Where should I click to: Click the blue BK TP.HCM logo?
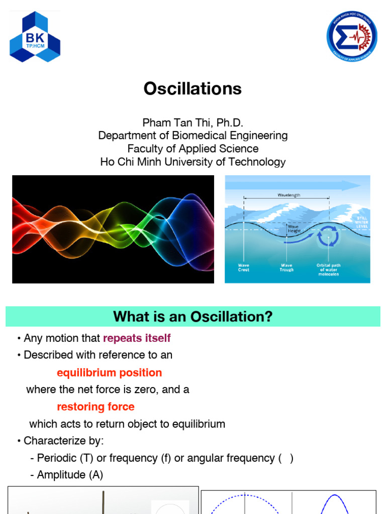tap(35, 37)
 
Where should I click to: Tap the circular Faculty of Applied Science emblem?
tap(351, 36)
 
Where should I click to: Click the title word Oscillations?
tap(192, 89)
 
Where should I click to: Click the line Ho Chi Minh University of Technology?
tap(192, 162)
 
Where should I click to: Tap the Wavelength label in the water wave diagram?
tap(288, 195)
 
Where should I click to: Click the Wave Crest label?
tap(243, 268)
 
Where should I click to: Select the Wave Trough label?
tap(286, 268)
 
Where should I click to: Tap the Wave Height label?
tap(294, 228)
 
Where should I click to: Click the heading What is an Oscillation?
tap(192, 317)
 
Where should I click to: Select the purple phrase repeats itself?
tap(137, 338)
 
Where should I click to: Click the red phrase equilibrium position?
tap(109, 372)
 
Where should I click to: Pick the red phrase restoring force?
tap(95, 407)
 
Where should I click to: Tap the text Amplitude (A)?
tap(70, 475)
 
